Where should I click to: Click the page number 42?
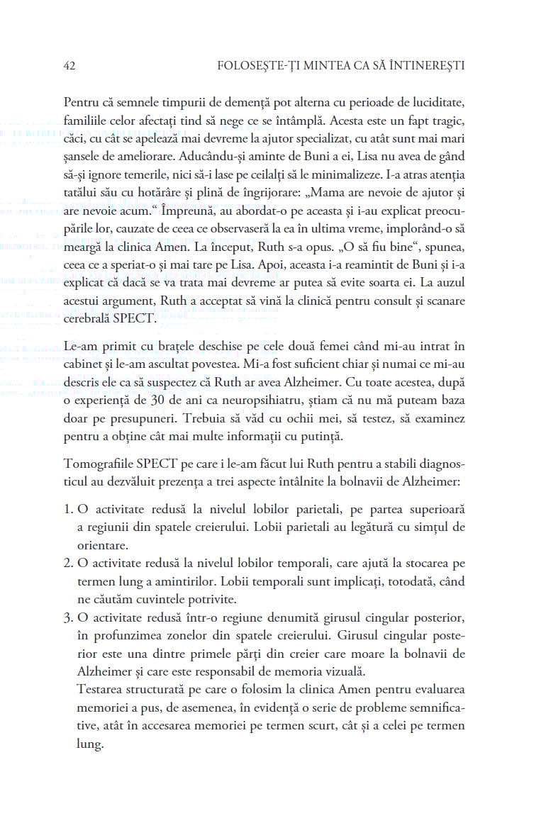[x=69, y=66]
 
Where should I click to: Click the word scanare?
[x=444, y=300]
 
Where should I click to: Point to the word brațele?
[x=158, y=346]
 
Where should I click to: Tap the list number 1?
[x=67, y=510]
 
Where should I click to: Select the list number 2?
[x=67, y=564]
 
